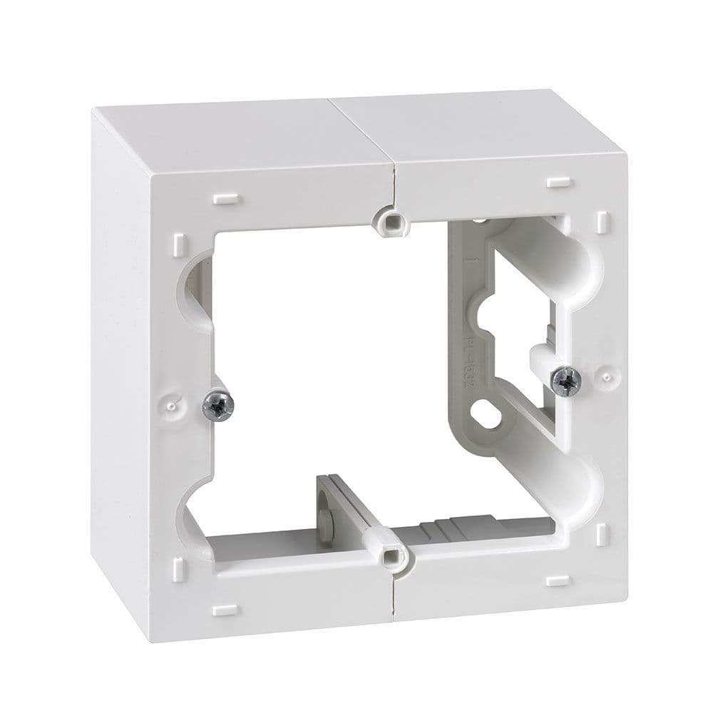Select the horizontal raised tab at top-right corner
tap(560, 183)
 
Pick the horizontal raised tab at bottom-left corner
tap(225, 610)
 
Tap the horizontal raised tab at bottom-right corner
tap(558, 580)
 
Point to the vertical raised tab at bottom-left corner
tap(178, 568)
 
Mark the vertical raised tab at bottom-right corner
tap(600, 534)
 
